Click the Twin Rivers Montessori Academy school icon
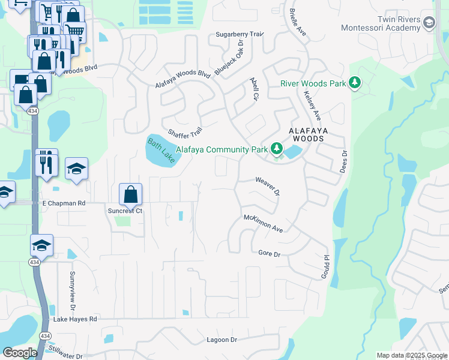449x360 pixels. click(x=429, y=23)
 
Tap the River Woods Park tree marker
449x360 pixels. click(x=355, y=83)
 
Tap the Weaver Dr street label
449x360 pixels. click(x=268, y=185)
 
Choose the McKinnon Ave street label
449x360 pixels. click(x=263, y=224)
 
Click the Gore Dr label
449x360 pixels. click(x=269, y=254)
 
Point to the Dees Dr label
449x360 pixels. click(x=345, y=161)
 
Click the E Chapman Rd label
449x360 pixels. click(x=64, y=203)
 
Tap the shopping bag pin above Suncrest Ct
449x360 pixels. click(x=130, y=194)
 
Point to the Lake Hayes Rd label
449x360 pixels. click(x=75, y=319)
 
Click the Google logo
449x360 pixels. click(x=20, y=353)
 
